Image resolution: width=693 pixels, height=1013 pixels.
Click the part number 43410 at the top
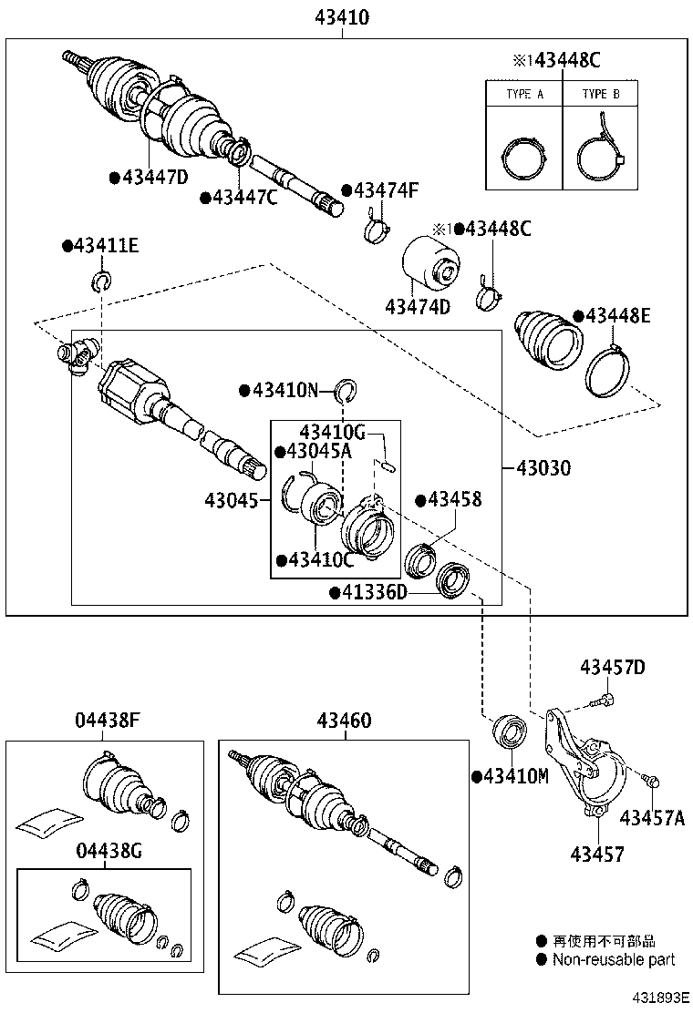pos(344,16)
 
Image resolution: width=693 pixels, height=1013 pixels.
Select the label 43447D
pos(153,178)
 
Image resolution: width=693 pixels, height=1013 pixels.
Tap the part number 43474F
pos(386,190)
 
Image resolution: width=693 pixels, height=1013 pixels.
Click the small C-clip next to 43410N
pos(345,391)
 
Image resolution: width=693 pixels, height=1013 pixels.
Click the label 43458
pos(454,500)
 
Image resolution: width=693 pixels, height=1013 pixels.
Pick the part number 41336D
pos(374,593)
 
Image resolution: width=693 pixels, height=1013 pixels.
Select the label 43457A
pos(652,817)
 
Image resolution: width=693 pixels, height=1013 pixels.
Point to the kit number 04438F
pos(107,721)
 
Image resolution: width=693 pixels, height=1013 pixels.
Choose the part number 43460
pos(344,721)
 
